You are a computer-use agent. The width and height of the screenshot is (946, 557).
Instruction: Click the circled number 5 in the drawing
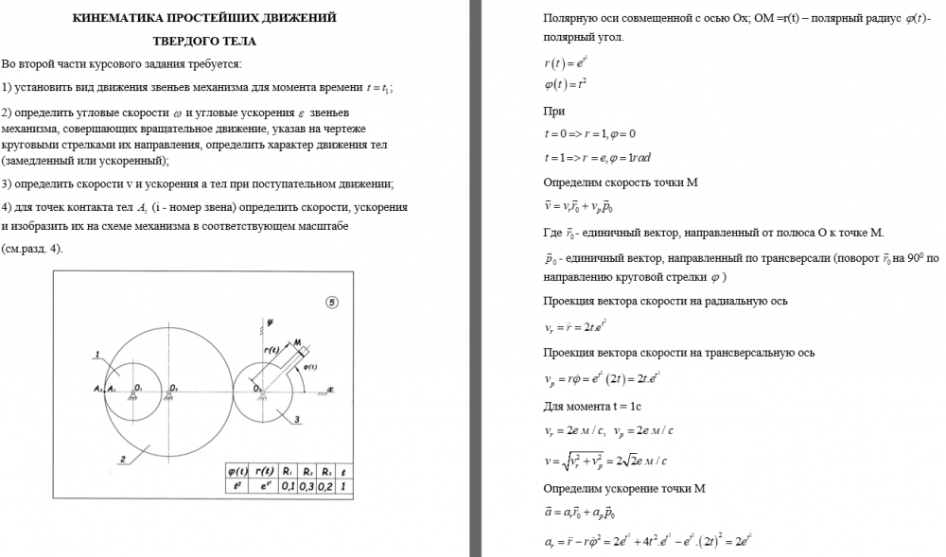tap(331, 303)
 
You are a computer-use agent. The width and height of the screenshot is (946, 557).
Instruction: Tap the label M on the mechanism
tap(297, 342)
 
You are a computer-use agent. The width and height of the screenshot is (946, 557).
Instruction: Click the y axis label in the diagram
tap(270, 322)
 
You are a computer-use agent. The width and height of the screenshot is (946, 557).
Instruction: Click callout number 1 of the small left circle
tap(97, 356)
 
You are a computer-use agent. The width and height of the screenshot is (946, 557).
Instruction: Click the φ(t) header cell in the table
tap(237, 471)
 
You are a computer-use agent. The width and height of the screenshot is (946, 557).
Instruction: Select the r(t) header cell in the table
tap(264, 471)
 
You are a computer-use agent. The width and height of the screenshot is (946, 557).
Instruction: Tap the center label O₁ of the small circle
tap(138, 387)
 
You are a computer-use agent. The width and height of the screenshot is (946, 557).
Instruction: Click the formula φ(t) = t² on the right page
tap(568, 85)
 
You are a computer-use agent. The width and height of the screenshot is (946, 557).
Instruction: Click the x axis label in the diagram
tap(331, 388)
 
